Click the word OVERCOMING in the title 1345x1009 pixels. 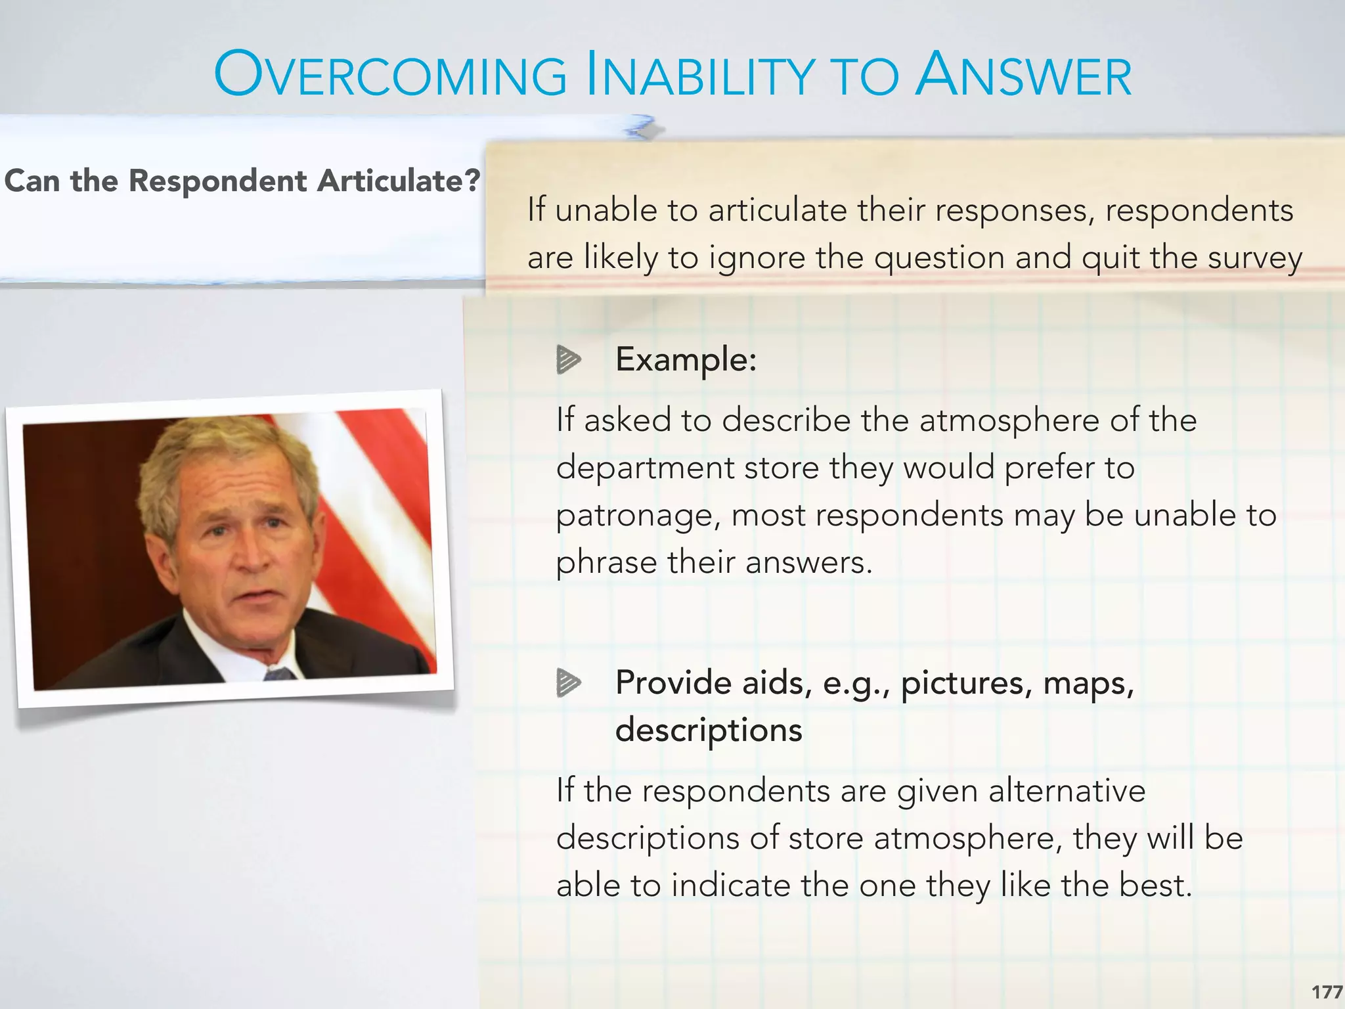point(390,76)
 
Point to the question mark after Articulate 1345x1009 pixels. point(472,180)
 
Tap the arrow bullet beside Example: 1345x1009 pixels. point(568,359)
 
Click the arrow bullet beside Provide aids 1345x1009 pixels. point(568,683)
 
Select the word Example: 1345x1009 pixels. point(686,359)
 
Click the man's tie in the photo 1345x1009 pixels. point(280,673)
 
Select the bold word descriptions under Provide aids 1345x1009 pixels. point(709,730)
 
